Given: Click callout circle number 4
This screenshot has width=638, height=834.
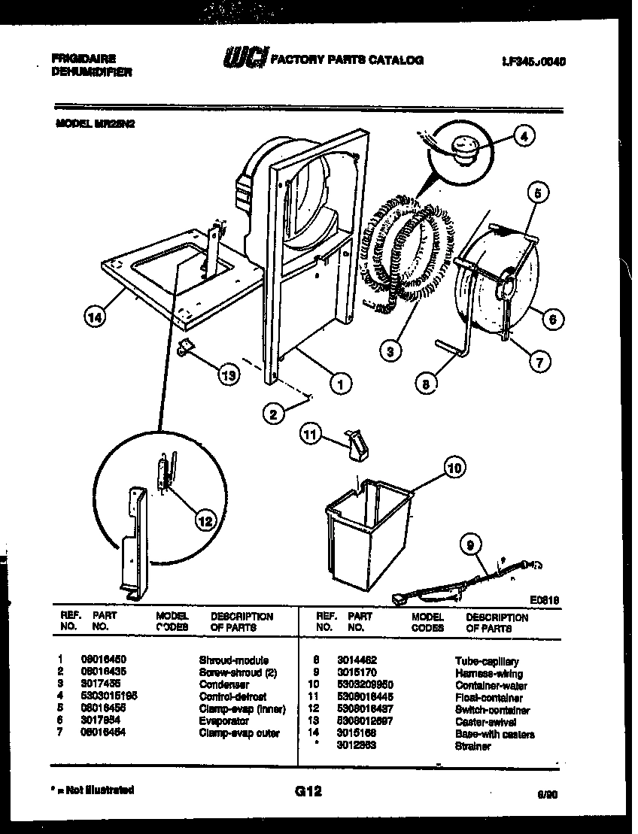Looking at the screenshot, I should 524,136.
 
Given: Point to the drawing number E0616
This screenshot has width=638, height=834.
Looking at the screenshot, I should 544,599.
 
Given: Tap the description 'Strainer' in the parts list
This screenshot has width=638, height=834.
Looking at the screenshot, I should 472,746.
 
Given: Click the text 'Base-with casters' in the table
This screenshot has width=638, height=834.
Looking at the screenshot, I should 494,734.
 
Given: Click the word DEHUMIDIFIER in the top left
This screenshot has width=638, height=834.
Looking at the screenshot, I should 92,72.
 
